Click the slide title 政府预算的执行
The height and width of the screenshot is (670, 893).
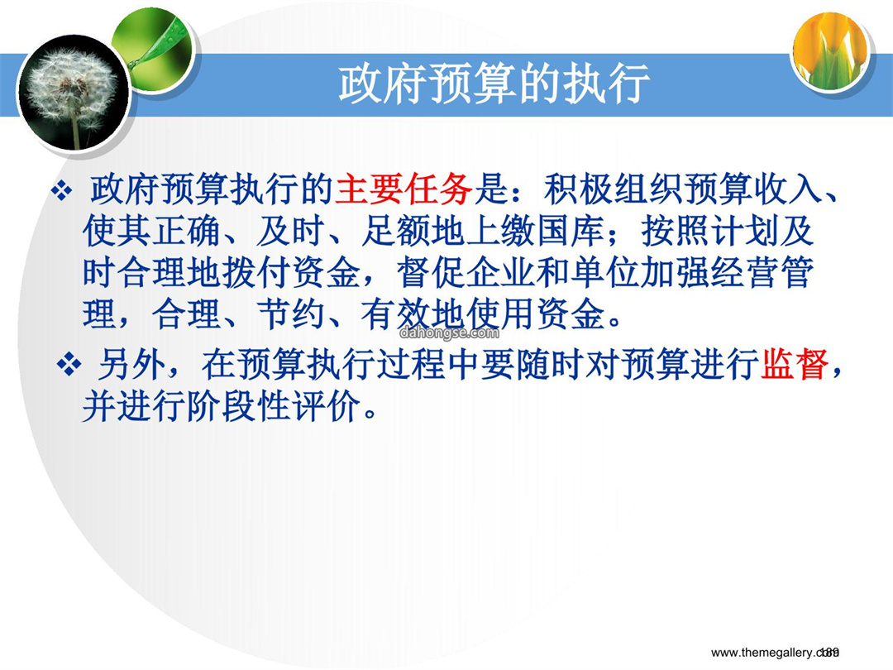point(494,84)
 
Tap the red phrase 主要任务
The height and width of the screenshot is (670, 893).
point(404,189)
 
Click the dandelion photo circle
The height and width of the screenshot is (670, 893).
point(72,93)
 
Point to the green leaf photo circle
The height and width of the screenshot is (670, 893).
point(154,49)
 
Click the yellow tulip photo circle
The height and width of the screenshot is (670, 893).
point(831,51)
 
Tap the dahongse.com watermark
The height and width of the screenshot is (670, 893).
point(449,333)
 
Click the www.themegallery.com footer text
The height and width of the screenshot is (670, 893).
point(775,653)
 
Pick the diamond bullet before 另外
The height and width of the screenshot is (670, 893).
point(69,365)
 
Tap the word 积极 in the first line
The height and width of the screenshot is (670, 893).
point(578,189)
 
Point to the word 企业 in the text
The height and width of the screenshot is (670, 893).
point(502,273)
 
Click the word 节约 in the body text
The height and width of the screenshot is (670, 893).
point(292,314)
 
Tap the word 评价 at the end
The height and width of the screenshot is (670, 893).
point(327,406)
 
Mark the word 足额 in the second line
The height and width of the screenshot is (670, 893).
point(396,232)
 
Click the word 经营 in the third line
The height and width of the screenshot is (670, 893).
point(745,273)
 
